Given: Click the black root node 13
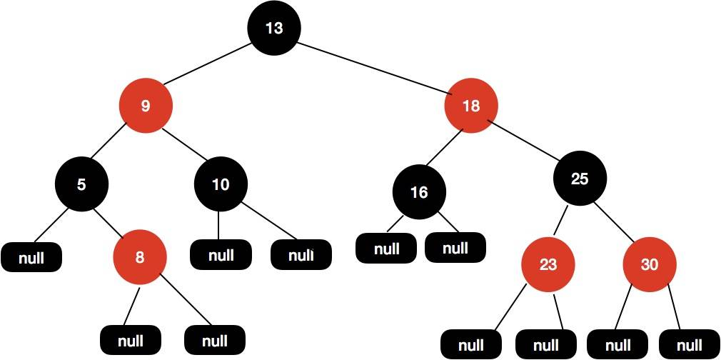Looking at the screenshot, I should pos(274,28).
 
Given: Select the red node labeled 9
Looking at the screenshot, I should pos(146,106).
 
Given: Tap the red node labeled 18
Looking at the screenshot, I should pos(471,106).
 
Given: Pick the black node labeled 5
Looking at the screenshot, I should pos(81,184).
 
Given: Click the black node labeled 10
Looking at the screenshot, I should pos(221,184).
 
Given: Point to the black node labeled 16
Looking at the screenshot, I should pos(419,192).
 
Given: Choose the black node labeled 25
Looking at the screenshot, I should pos(580,179).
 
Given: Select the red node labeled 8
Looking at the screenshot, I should pos(140,257).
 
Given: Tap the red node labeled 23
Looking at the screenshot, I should pos(548,264).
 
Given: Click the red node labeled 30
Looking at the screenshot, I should pos(649,264).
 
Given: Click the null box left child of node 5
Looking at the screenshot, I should pos(31,257).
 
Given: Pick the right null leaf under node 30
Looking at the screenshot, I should pos(689,344).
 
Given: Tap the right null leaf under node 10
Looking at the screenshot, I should pos(301,254).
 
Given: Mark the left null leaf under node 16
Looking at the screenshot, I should pos(386,249).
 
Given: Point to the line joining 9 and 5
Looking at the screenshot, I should pos(114,145).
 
